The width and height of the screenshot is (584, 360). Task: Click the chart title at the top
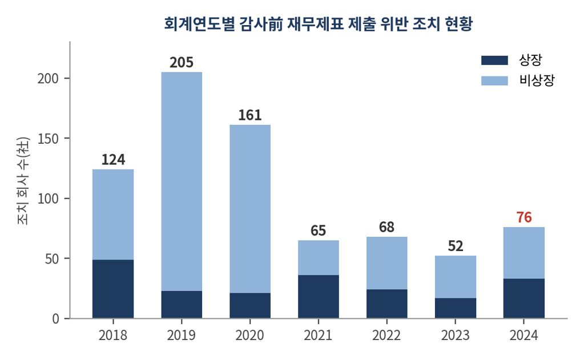(319, 24)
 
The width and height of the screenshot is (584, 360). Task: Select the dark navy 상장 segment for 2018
(113, 289)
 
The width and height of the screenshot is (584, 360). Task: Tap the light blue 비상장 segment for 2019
(182, 181)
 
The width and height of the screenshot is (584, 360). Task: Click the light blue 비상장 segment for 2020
(250, 209)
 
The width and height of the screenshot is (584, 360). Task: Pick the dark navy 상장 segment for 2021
(319, 297)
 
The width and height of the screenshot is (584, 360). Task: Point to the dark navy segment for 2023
(456, 308)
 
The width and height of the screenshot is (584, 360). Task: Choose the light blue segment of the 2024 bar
(523, 253)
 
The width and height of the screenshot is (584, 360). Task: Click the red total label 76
(524, 217)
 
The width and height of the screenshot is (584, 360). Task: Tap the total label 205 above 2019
(182, 63)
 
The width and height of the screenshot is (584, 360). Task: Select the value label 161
(250, 115)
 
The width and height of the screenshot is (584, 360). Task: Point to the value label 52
(456, 246)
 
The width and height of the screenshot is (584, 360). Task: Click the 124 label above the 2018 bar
(113, 160)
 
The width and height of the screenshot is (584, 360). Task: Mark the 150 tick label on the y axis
(48, 139)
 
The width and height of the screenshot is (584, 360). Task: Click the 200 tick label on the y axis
(48, 79)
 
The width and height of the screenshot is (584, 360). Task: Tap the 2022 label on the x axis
(386, 335)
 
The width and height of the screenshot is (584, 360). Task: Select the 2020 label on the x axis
(250, 335)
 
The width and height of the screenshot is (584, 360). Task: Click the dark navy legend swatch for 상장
(494, 60)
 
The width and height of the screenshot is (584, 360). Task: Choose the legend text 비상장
(537, 80)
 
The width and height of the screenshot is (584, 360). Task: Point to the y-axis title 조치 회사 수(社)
(23, 180)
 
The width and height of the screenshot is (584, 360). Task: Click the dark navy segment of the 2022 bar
(387, 304)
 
